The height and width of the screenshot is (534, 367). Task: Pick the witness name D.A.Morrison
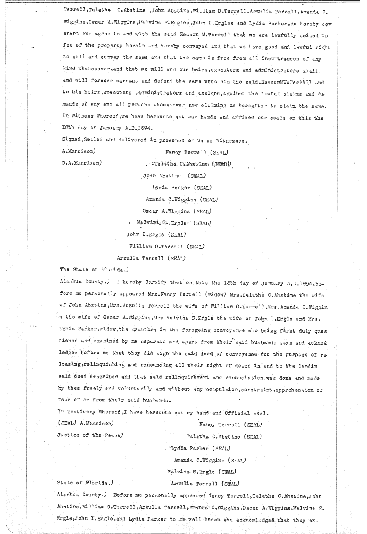pyautogui.click(x=80, y=163)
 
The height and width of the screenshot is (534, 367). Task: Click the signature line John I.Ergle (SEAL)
pyautogui.click(x=156, y=235)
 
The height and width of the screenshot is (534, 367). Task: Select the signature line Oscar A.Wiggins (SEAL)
pyautogui.click(x=177, y=211)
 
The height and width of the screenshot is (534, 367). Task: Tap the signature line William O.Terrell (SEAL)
pyautogui.click(x=167, y=246)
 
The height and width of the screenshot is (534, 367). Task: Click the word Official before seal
pyautogui.click(x=238, y=413)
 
